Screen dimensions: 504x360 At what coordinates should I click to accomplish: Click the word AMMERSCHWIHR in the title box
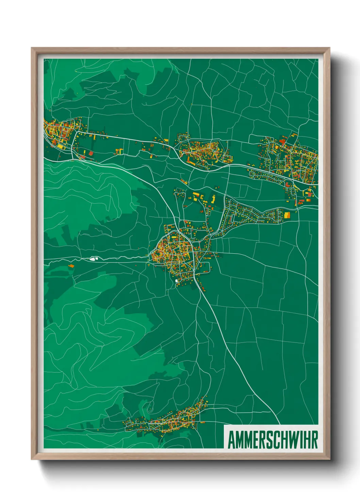coord(273,440)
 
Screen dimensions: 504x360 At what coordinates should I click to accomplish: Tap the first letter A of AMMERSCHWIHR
coord(231,440)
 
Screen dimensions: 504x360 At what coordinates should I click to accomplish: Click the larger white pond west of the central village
coord(92,259)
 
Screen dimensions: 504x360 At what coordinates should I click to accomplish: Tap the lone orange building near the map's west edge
coord(71,266)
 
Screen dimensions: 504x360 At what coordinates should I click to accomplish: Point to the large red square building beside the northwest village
coord(91,154)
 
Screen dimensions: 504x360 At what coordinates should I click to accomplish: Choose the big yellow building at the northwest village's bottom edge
coord(60,146)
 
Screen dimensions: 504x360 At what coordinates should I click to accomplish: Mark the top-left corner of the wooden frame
coord(32,48)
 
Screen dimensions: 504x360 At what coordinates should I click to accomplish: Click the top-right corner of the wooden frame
coord(329,48)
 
